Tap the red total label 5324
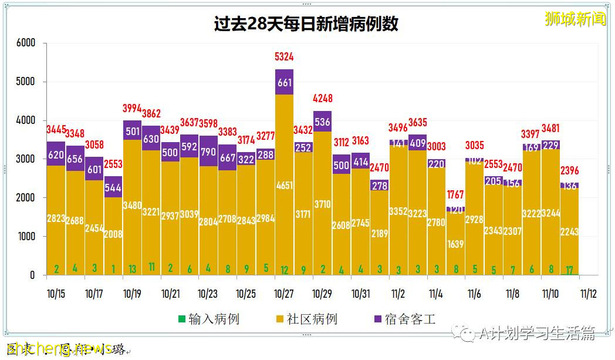click(x=284, y=57)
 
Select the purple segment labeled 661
click(x=284, y=82)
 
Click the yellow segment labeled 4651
click(x=284, y=186)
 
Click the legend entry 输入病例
click(x=209, y=319)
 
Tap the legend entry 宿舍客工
click(x=405, y=319)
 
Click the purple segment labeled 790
click(x=208, y=150)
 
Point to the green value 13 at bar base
click(x=132, y=270)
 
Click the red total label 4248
click(x=322, y=99)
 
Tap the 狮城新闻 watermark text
click(x=575, y=19)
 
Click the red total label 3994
click(x=132, y=108)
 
